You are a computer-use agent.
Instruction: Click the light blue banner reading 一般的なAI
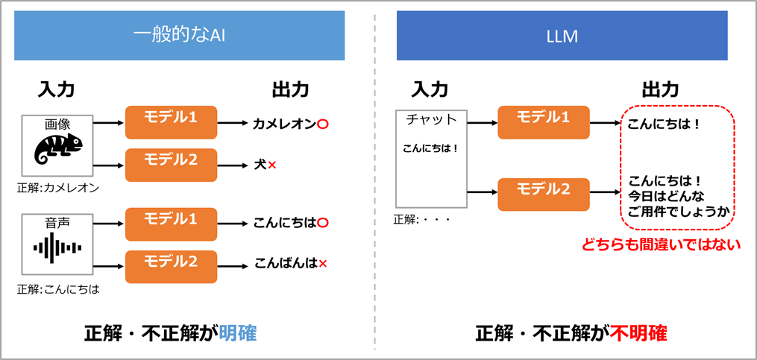coord(179,36)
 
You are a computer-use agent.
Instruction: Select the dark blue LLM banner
coord(562,36)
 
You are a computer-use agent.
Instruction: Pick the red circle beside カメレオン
coord(322,124)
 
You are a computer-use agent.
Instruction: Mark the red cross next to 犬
coord(272,164)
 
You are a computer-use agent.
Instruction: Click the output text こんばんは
coord(284,262)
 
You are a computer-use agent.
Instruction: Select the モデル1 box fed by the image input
coord(170,119)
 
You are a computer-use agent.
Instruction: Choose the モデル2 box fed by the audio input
coord(170,262)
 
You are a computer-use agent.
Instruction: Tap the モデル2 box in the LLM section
coord(544,191)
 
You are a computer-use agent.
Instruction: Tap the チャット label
coord(431,119)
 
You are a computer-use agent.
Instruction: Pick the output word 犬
coord(260,163)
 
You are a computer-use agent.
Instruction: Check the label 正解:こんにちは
coord(57,288)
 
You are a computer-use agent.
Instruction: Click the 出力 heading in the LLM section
coord(661,89)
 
